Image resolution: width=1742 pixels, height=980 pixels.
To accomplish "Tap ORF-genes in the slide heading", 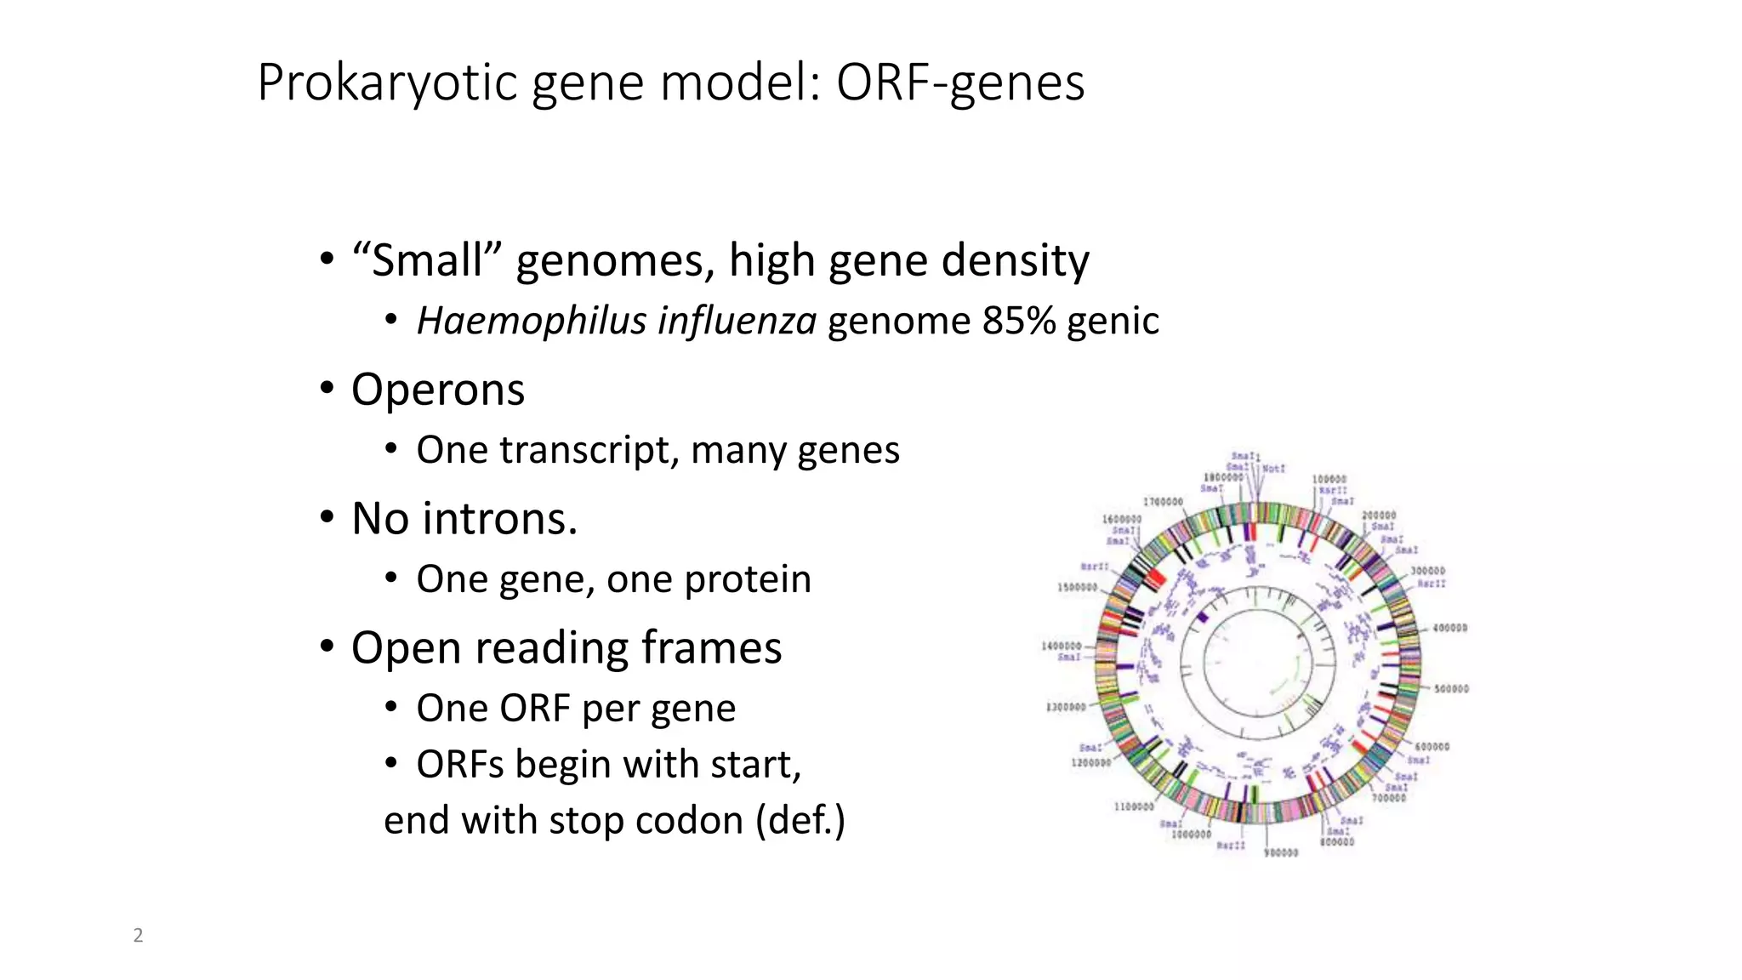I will (959, 83).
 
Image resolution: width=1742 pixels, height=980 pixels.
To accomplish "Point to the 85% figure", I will (1019, 322).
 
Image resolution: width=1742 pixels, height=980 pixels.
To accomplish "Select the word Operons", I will (438, 390).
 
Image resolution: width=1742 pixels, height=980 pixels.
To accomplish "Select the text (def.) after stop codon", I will (800, 821).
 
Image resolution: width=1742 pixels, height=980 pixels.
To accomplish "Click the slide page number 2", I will (138, 936).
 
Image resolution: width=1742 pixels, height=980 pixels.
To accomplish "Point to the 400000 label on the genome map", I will (1449, 628).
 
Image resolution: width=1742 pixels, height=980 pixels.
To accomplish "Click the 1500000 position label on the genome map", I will (1076, 587).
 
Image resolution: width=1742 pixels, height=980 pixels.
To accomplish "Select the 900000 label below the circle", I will (1281, 852).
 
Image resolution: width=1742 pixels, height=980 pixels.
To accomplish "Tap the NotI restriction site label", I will (1273, 469).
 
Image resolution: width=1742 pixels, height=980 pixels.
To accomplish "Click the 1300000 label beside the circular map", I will (1065, 707).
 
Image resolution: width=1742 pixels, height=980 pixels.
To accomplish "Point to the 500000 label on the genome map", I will (1451, 689).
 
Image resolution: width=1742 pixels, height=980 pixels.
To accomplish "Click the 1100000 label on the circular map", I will (1134, 806).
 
